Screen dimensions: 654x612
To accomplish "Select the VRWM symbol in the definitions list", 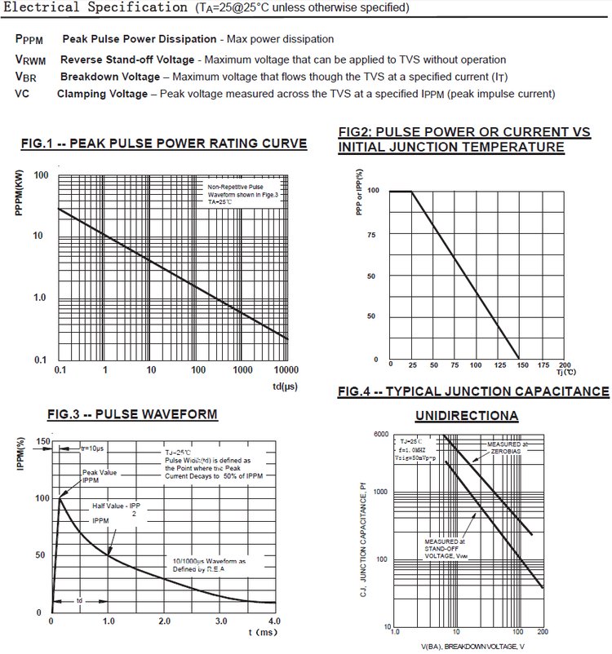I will (x=31, y=60).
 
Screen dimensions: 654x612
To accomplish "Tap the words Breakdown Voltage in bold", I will (x=110, y=77).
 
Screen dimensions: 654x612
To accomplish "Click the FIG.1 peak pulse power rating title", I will (x=164, y=144).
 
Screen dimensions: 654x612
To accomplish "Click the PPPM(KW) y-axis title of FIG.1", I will (x=19, y=192).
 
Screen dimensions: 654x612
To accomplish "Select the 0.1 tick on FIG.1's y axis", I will (x=41, y=360).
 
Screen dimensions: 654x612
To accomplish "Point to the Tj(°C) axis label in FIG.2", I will (x=565, y=372).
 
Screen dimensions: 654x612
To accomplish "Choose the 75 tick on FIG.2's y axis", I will (x=372, y=234).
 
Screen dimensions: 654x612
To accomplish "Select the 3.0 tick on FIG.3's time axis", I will (x=221, y=622).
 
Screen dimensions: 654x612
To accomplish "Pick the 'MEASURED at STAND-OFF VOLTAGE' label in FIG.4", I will (x=445, y=547).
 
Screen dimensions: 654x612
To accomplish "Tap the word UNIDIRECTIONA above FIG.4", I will (x=466, y=416).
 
